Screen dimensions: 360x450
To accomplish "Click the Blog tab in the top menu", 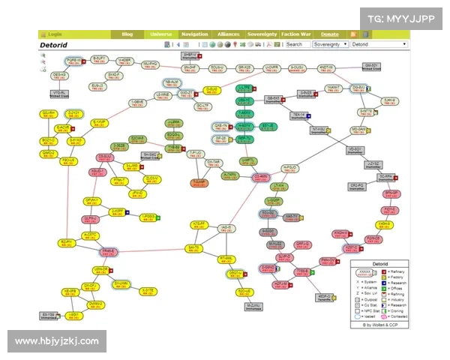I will pyautogui.click(x=127, y=34).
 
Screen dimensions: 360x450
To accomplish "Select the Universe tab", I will pyautogui.click(x=160, y=34).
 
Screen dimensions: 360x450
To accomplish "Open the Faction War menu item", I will pyautogui.click(x=296, y=34).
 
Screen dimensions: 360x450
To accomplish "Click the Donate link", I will pyautogui.click(x=330, y=34).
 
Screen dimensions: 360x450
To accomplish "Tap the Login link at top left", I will pyautogui.click(x=55, y=34).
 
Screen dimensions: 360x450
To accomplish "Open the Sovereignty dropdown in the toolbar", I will pyautogui.click(x=331, y=44).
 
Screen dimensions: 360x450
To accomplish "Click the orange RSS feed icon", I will pyautogui.click(x=354, y=34).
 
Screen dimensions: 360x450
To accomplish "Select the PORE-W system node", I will pyautogui.click(x=73, y=61).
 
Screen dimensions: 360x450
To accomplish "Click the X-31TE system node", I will pyautogui.click(x=148, y=290).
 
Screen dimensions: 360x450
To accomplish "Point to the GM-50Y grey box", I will pyautogui.click(x=372, y=66).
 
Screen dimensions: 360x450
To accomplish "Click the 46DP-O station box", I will pyautogui.click(x=325, y=297).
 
